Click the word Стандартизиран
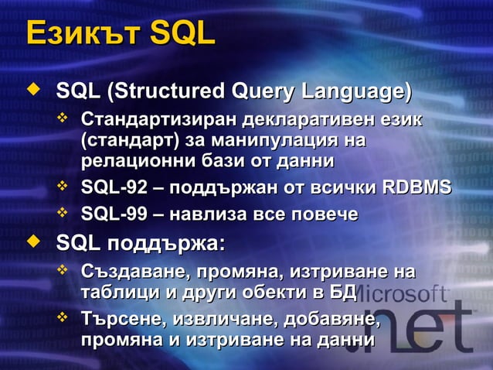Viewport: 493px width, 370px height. coord(159,122)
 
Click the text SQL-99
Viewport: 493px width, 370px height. coord(110,214)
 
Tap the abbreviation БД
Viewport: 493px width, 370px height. coord(342,293)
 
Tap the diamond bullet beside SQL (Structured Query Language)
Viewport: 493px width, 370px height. coord(32,92)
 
